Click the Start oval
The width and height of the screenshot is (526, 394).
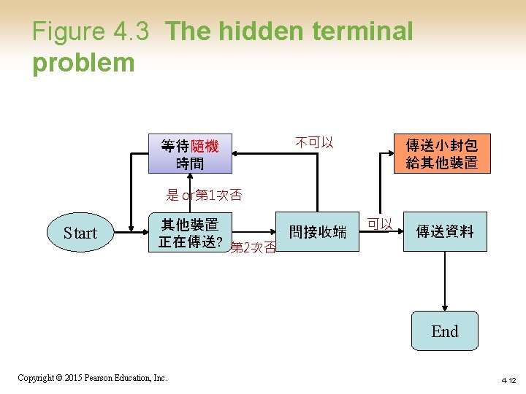tap(80, 233)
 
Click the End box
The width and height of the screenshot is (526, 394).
tap(444, 332)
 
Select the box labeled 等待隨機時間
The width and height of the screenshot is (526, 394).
tap(190, 154)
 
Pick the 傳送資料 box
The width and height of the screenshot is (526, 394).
tap(444, 232)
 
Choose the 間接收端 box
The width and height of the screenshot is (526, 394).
tap(318, 232)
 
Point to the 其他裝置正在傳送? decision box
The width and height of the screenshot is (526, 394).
tap(190, 233)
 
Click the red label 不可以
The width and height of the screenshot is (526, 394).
tap(315, 142)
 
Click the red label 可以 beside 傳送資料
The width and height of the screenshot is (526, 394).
tap(380, 223)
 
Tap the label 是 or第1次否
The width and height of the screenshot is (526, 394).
tap(204, 195)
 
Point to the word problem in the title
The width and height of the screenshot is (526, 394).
tap(83, 63)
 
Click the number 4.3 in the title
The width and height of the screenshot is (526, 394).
tap(131, 31)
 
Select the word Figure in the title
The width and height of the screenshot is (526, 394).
tap(69, 31)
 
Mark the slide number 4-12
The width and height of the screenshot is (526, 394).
tap(508, 380)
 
